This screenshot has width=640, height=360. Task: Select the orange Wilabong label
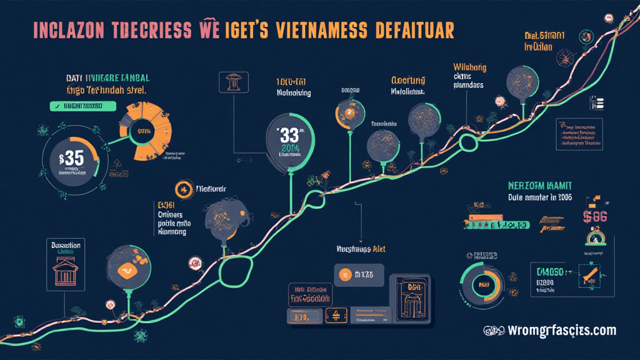pyautogui.click(x=471, y=66)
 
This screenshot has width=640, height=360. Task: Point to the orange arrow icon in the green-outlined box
pyautogui.click(x=589, y=276)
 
